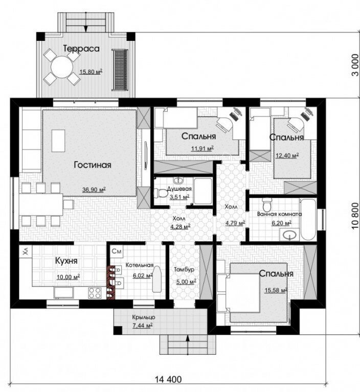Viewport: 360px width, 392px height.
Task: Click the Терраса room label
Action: pyautogui.click(x=81, y=49)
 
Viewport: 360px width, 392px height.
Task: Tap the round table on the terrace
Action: pyautogui.click(x=62, y=67)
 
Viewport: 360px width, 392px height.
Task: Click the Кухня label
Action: pyautogui.click(x=66, y=261)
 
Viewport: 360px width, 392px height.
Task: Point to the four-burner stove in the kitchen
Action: pyautogui.click(x=95, y=293)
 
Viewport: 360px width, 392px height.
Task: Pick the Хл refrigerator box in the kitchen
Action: pyautogui.click(x=26, y=251)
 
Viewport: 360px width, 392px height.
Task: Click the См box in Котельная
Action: pyautogui.click(x=116, y=251)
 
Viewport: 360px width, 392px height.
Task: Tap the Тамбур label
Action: pyautogui.click(x=184, y=270)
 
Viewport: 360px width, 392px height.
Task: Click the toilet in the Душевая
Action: pyautogui.click(x=161, y=193)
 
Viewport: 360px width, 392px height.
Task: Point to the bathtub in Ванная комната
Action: pyautogui.click(x=308, y=219)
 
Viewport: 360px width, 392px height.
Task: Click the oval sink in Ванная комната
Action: pyautogui.click(x=290, y=235)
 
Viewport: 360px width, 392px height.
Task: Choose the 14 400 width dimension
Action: pyautogui.click(x=168, y=379)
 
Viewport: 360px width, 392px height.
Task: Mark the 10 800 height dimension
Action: pyautogui.click(x=355, y=216)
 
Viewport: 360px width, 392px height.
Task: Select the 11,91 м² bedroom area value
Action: pyautogui.click(x=202, y=149)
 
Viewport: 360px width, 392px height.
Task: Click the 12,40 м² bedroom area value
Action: pyautogui.click(x=287, y=156)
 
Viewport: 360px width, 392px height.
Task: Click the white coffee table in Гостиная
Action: pyautogui.click(x=58, y=141)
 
